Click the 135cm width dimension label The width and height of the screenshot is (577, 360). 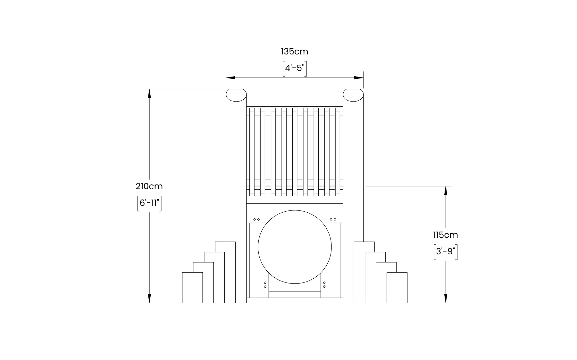(294, 52)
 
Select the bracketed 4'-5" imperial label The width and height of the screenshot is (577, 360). (294, 68)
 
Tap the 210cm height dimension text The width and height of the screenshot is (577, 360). (149, 186)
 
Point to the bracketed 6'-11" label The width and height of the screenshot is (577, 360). (149, 203)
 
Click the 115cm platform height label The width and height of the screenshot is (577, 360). (445, 235)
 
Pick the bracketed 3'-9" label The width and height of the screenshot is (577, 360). (445, 252)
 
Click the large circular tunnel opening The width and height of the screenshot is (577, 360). (295, 247)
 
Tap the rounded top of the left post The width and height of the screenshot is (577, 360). (236, 95)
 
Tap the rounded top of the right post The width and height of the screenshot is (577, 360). (353, 95)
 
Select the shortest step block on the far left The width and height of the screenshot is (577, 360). (192, 287)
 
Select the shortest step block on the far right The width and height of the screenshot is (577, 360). (397, 287)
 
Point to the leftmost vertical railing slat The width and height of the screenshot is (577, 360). (252, 152)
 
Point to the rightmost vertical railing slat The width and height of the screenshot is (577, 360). (338, 152)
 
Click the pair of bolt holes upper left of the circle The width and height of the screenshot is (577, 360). (256, 219)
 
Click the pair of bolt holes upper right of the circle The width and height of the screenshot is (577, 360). (333, 219)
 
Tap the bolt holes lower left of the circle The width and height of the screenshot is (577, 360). (265, 285)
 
